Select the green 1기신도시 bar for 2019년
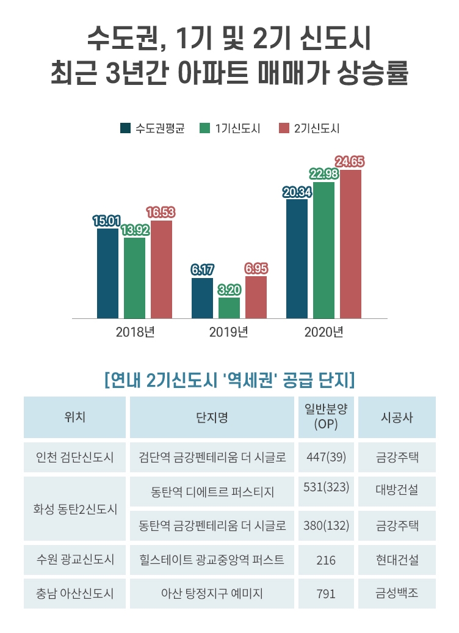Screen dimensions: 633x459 (x=229, y=308)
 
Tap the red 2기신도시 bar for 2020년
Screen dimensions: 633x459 (x=350, y=244)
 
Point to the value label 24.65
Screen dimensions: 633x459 (x=350, y=162)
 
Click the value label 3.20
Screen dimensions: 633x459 (x=229, y=289)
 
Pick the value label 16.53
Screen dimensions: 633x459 (x=161, y=213)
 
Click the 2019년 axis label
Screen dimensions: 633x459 (x=228, y=333)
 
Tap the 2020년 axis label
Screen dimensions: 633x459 (x=323, y=333)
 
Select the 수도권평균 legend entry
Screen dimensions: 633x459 (x=153, y=128)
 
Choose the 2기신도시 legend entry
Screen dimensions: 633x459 (x=309, y=128)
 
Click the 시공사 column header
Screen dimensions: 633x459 (x=397, y=417)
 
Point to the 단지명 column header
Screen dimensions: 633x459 (x=212, y=417)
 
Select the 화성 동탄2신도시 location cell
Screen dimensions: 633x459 (x=74, y=508)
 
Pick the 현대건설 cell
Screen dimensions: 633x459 (x=397, y=560)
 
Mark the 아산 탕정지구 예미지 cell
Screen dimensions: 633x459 (x=212, y=593)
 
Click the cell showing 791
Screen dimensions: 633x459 (x=326, y=593)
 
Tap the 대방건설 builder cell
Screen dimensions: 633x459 (x=397, y=489)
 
